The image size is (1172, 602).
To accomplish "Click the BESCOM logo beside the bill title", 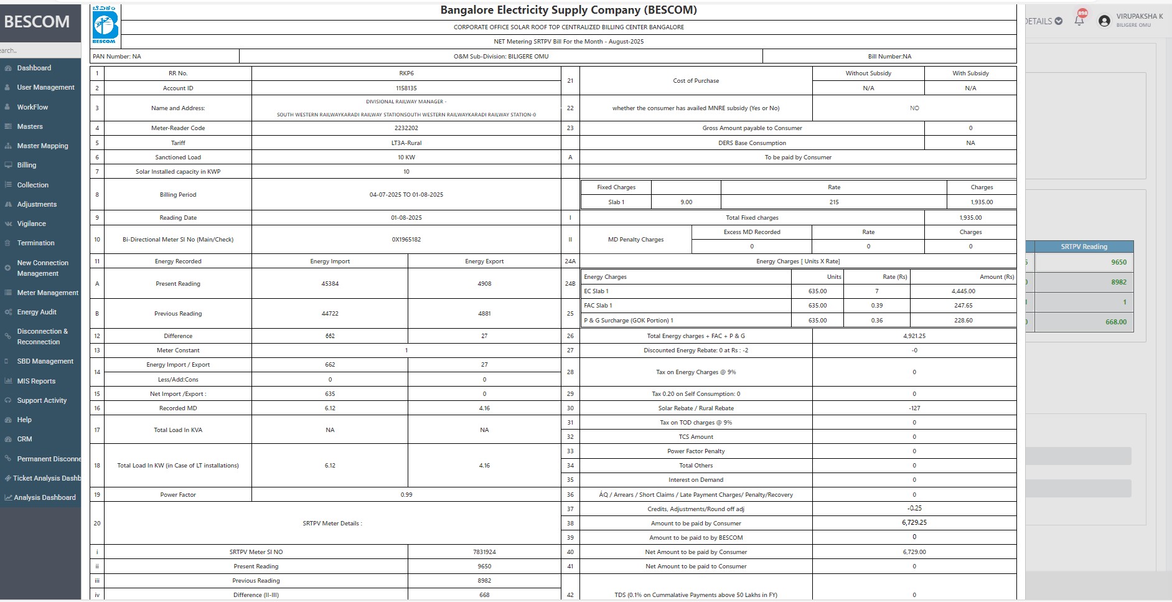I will (x=105, y=24).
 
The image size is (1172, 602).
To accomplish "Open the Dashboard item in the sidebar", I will (x=34, y=68).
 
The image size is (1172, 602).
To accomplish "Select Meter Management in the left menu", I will (x=47, y=293).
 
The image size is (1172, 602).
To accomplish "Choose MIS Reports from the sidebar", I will (x=36, y=381).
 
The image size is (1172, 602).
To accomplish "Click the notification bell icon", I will (x=1079, y=21).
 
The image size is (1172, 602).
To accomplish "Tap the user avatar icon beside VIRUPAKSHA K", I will (x=1104, y=21).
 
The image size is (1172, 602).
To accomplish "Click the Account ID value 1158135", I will (x=406, y=88).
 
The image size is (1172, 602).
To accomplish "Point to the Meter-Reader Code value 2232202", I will (x=406, y=128).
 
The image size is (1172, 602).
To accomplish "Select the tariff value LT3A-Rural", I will (x=406, y=143).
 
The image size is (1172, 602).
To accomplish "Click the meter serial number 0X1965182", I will (x=406, y=240).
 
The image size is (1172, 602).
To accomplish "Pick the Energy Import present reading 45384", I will (x=330, y=284).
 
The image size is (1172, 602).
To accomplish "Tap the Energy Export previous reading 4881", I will (x=484, y=314).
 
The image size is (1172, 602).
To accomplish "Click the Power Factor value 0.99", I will (x=406, y=495).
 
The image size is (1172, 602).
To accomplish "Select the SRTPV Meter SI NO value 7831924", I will (x=484, y=552).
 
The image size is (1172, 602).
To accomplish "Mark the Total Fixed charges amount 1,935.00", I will (x=970, y=218).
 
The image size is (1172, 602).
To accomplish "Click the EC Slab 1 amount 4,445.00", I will (x=963, y=291).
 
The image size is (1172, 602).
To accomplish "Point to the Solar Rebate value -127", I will (x=914, y=408).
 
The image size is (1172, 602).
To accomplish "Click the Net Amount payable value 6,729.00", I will (x=914, y=552).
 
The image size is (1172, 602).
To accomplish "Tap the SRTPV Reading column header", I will (x=1084, y=247).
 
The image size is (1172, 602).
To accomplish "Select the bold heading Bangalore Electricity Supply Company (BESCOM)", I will (x=568, y=11).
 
